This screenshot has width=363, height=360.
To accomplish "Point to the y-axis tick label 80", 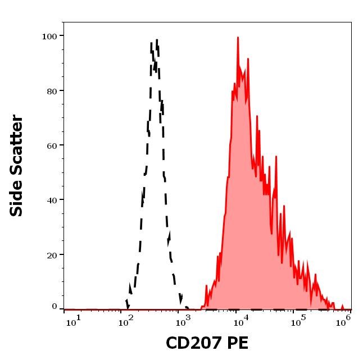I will click(52, 91).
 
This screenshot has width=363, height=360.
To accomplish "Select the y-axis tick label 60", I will click(52, 145).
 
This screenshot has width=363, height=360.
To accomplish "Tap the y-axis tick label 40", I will click(52, 200).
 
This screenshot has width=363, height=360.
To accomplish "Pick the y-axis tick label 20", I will click(52, 255).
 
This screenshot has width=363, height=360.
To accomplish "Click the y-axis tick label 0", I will click(55, 307).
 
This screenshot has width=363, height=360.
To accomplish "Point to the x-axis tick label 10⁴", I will click(240, 320).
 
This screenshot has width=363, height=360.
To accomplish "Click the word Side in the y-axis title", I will click(17, 196).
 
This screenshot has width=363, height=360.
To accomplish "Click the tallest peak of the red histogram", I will click(238, 38).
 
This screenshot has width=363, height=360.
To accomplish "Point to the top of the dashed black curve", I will click(157, 40).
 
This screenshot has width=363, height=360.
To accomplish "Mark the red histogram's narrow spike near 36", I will click(284, 206).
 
